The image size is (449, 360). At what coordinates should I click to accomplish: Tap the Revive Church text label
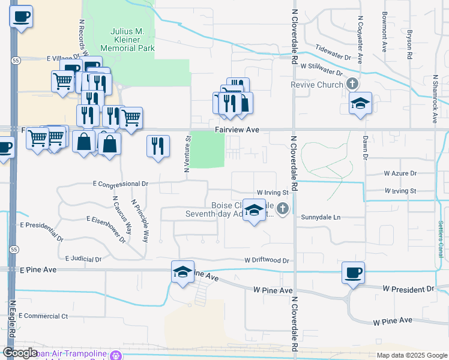316,85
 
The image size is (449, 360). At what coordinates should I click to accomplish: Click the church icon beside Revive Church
352,84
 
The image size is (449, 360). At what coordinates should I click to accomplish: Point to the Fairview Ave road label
238,130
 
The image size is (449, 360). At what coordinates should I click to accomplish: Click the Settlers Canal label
441,240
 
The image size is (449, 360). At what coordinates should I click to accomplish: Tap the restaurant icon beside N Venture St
157,146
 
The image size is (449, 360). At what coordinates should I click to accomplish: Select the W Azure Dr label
400,173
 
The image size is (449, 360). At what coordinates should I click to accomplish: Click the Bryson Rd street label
409,44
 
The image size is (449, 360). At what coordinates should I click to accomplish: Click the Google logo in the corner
20,353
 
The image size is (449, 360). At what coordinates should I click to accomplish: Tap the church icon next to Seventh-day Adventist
283,209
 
